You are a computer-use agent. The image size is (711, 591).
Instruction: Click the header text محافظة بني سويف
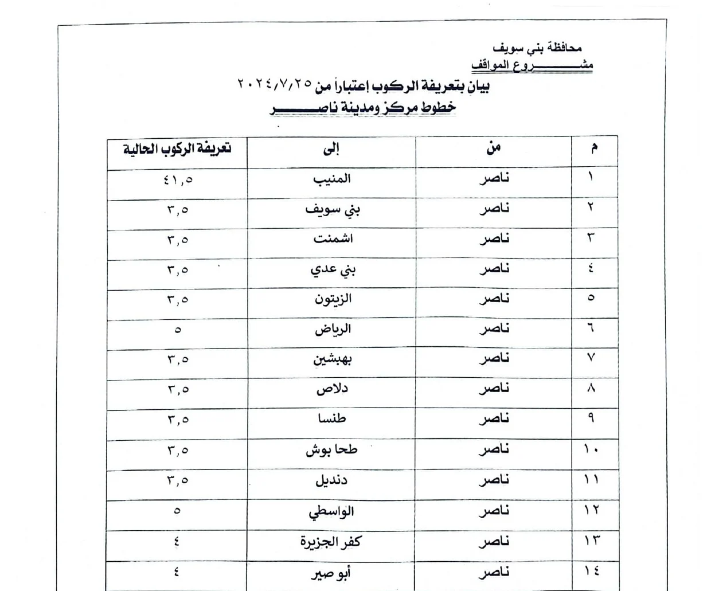pyautogui.click(x=538, y=49)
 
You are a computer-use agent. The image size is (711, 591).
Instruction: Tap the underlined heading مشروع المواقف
pyautogui.click(x=532, y=65)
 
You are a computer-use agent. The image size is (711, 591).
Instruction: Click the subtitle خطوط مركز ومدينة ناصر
pyautogui.click(x=364, y=108)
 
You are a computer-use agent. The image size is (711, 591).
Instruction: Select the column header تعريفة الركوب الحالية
pyautogui.click(x=177, y=150)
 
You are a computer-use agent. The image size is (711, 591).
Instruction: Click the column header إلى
pyautogui.click(x=331, y=150)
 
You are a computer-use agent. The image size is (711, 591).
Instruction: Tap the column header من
pyautogui.click(x=493, y=148)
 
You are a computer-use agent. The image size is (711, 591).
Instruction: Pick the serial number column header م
pyautogui.click(x=594, y=148)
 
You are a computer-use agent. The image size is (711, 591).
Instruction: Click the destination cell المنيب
pyautogui.click(x=331, y=179)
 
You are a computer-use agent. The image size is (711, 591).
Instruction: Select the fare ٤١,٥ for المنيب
pyautogui.click(x=178, y=180)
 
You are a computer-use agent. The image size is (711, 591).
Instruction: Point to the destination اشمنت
pyautogui.click(x=333, y=239)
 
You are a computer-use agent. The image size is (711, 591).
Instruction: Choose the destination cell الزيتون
pyautogui.click(x=333, y=299)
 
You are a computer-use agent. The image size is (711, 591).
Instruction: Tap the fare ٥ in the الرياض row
pyautogui.click(x=178, y=330)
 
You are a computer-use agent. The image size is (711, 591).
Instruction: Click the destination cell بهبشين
pyautogui.click(x=333, y=359)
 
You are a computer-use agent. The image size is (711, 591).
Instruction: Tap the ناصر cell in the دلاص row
pyautogui.click(x=494, y=389)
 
